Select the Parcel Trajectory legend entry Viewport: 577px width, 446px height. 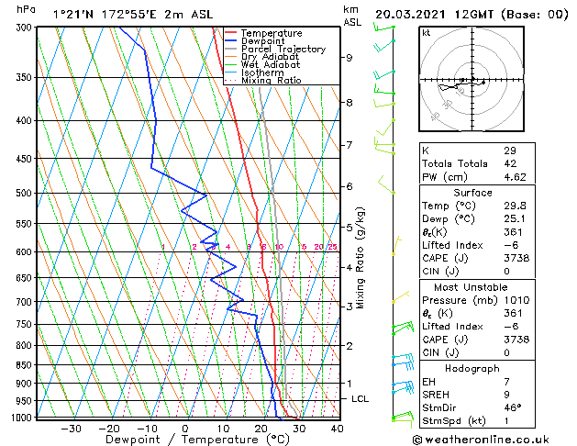pos(283,49)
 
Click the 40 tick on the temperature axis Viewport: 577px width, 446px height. pos(337,429)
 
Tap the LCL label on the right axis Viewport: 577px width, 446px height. pos(361,399)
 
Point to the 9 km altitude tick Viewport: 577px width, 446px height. pos(350,58)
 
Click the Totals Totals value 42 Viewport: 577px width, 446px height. pos(509,163)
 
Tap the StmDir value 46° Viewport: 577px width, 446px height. pos(512,407)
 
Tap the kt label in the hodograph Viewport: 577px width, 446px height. pos(427,32)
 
